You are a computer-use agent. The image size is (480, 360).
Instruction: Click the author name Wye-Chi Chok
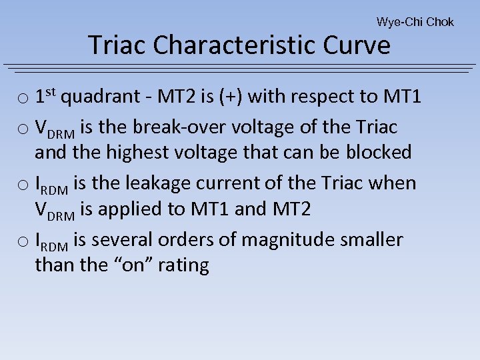pyautogui.click(x=415, y=22)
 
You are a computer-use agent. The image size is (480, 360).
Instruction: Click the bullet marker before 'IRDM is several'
pyautogui.click(x=23, y=241)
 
